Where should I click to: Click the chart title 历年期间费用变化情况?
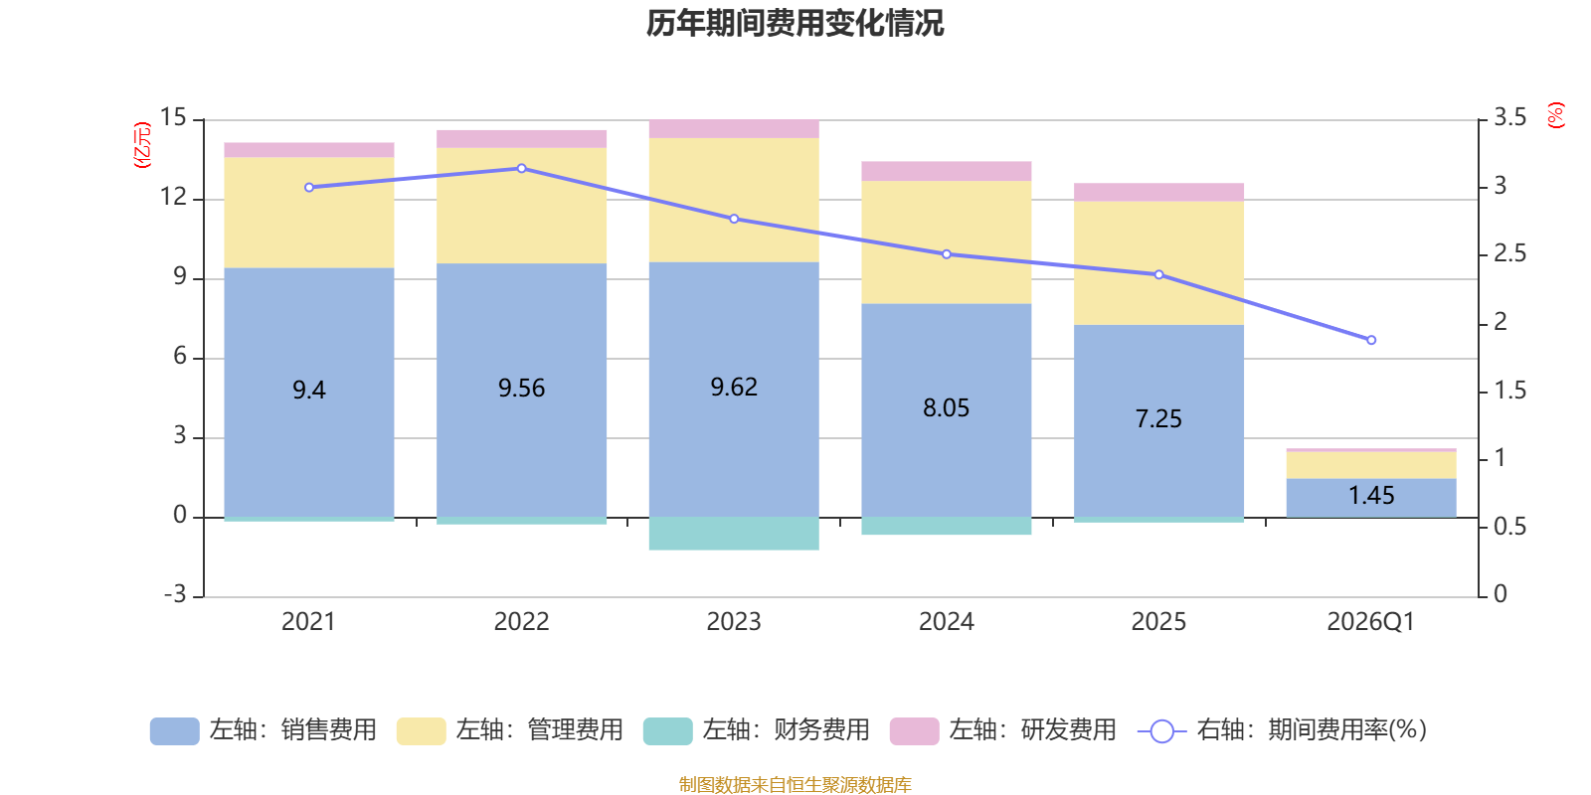click(x=795, y=23)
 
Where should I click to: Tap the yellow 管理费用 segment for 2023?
click(x=734, y=199)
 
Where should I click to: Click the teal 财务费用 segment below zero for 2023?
click(x=734, y=534)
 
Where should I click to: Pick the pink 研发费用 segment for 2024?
click(x=947, y=171)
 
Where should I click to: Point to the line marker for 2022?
click(x=522, y=169)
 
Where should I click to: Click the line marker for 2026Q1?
click(x=1371, y=341)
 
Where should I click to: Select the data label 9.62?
click(x=734, y=388)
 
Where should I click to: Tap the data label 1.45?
click(x=1371, y=495)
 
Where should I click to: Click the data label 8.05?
click(x=947, y=408)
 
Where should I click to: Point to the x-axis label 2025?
click(x=1158, y=622)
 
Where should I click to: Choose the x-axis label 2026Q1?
click(x=1370, y=622)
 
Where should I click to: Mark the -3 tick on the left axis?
click(x=174, y=594)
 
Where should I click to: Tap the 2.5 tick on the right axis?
click(x=1509, y=254)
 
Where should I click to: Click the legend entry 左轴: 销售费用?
click(x=264, y=730)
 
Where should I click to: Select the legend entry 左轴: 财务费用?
click(x=757, y=730)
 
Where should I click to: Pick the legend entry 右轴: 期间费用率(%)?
click(x=1283, y=730)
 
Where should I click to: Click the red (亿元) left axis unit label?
click(x=142, y=145)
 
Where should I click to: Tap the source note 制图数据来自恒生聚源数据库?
click(x=795, y=785)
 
